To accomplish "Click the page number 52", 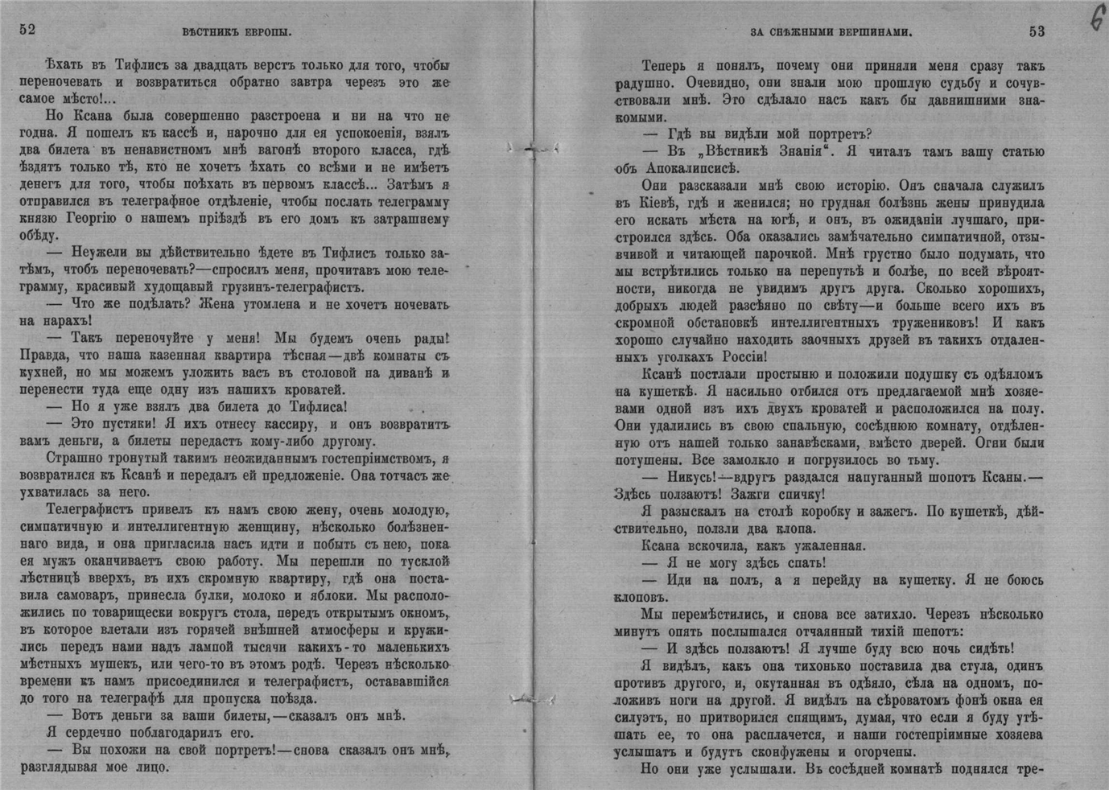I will tap(28, 31).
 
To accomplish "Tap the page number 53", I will tap(1037, 31).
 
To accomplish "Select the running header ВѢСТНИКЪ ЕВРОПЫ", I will tap(236, 32).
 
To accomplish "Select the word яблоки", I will tap(326, 596).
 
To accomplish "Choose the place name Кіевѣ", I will tap(652, 203).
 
